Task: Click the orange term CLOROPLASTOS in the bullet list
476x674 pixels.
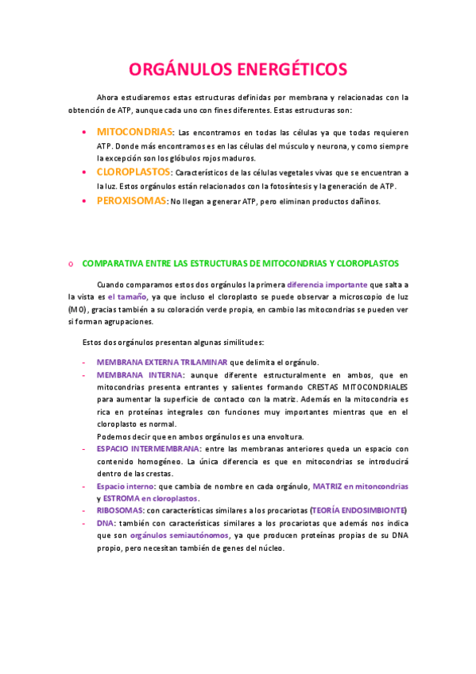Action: coord(134,172)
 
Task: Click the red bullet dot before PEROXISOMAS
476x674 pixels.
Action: coord(86,202)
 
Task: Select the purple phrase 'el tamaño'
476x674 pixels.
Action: coord(126,296)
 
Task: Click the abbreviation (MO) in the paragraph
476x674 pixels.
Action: coord(78,309)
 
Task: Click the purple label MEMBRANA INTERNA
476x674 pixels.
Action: coord(140,374)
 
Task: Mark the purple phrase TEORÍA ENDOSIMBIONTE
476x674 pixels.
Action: coord(358,510)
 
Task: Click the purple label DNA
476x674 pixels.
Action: coord(105,523)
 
